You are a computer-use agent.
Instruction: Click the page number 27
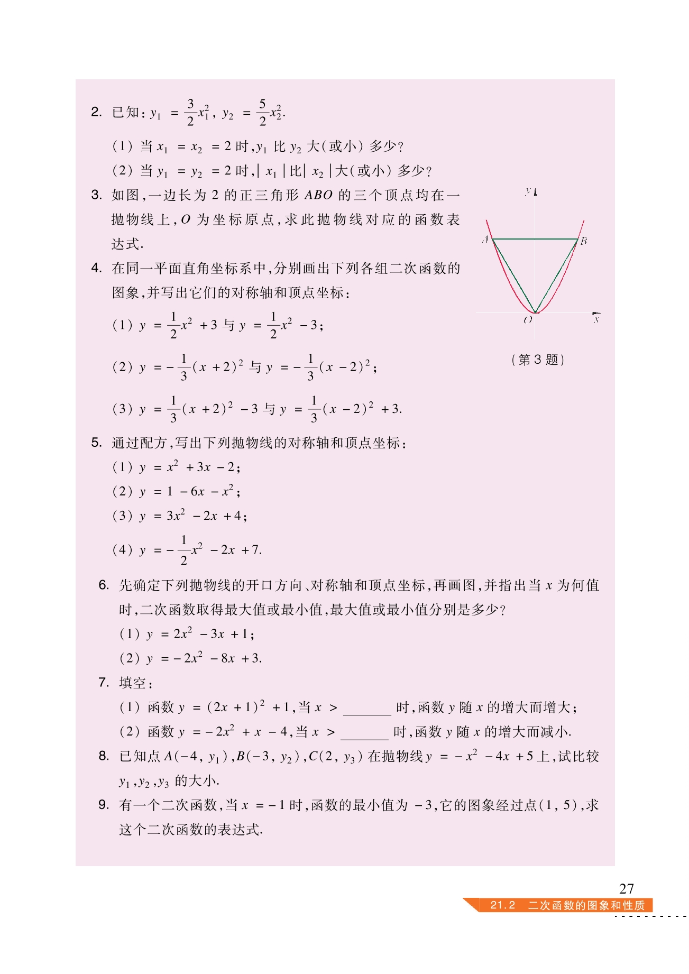626,888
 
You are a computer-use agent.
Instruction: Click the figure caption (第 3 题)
538,360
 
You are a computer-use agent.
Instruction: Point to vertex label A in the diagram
485,240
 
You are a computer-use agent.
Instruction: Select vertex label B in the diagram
584,241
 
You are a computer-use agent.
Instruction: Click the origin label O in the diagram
527,320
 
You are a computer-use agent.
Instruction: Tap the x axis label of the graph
596,319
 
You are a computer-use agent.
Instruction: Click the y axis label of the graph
528,191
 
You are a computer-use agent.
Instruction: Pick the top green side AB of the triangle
535,239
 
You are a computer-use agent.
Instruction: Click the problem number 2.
96,112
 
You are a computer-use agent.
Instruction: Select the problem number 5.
96,443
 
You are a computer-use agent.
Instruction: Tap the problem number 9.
104,805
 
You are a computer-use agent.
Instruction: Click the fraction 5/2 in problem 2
262,112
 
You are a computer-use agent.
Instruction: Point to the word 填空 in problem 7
133,683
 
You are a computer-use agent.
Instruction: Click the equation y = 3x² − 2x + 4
193,516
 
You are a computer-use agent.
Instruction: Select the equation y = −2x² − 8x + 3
204,658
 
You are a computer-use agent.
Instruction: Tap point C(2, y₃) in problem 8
335,757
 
